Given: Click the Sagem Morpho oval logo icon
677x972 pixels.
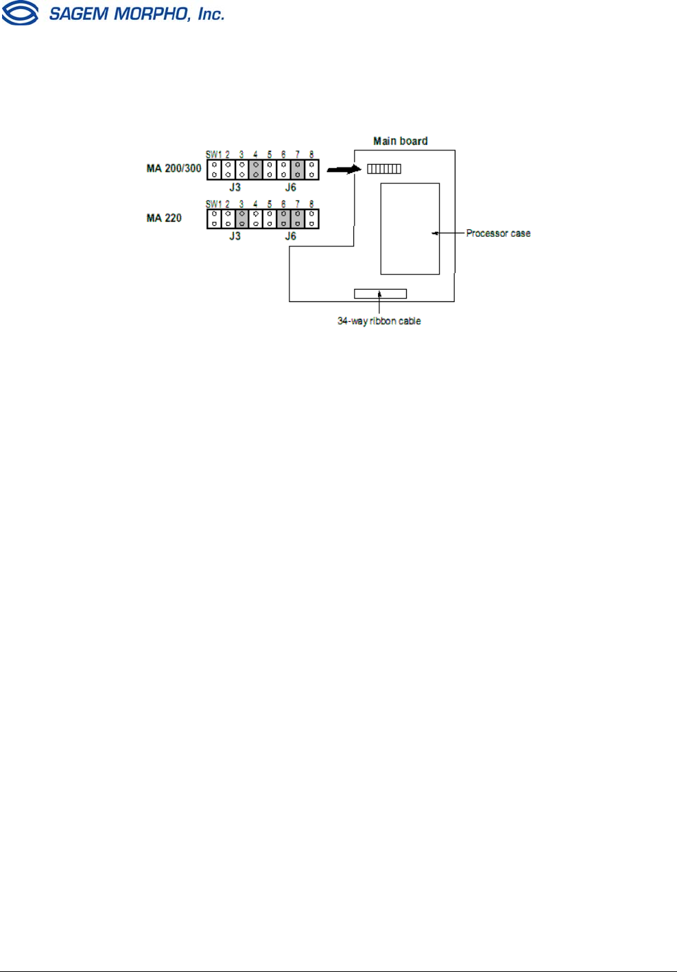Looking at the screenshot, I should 20,13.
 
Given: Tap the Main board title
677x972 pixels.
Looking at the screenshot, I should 400,141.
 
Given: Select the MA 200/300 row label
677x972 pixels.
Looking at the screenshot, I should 174,168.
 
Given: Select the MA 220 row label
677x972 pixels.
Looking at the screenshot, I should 164,218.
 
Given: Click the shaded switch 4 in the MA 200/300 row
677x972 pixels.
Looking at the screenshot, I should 256,170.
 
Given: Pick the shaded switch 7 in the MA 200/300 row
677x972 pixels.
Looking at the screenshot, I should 298,170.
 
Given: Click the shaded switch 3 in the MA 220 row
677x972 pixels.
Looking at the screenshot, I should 242,219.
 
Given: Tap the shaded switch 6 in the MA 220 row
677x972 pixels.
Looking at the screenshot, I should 283,219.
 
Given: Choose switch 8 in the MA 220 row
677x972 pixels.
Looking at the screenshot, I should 311,219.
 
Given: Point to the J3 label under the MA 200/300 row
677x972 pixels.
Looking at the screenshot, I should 235,187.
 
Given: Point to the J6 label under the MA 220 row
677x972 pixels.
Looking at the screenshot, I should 290,236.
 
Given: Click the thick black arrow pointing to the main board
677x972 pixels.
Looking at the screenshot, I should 343,169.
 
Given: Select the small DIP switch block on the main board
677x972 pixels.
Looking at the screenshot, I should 384,169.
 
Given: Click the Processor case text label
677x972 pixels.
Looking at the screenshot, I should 498,233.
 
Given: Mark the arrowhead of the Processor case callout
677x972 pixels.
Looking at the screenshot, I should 435,233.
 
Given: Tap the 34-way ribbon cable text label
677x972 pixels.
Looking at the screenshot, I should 379,321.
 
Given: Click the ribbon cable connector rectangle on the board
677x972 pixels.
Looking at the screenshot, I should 380,294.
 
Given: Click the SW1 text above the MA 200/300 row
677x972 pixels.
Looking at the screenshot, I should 213,154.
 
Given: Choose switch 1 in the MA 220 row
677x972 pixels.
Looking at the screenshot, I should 214,219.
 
